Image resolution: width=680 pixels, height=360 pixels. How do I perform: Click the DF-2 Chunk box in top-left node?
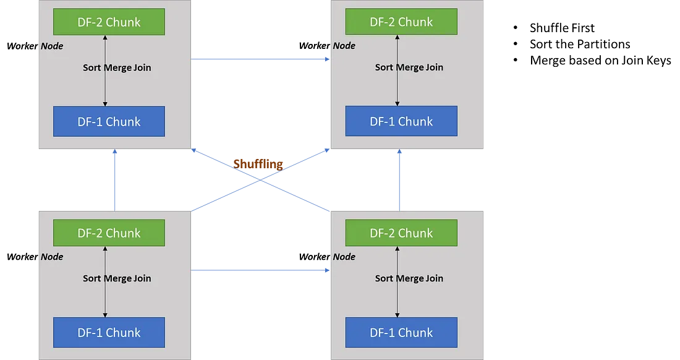click(109, 22)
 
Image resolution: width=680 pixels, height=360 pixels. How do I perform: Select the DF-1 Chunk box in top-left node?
click(109, 121)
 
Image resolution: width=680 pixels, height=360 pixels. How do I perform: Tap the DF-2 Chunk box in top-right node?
click(401, 22)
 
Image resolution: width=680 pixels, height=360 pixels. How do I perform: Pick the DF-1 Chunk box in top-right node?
click(401, 121)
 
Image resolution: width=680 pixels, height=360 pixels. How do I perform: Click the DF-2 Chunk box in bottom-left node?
click(109, 233)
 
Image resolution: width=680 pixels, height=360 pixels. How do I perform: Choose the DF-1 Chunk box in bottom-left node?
click(109, 332)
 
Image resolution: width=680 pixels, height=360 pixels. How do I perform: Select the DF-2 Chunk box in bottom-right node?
click(401, 233)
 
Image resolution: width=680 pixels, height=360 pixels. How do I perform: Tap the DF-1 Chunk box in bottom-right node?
click(401, 332)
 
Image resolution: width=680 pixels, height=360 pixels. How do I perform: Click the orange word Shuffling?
click(258, 164)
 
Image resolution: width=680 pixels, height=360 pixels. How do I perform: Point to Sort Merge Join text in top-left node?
click(117, 67)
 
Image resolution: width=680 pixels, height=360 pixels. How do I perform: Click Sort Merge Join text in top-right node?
click(409, 67)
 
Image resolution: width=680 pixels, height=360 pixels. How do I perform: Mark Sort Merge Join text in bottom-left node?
click(117, 278)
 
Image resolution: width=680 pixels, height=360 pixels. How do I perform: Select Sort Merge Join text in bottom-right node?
click(409, 278)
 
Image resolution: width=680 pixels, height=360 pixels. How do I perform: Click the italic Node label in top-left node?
click(52, 46)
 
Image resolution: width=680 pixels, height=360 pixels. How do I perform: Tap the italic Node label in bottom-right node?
click(344, 257)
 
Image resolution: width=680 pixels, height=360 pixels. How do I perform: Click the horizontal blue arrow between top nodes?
click(260, 59)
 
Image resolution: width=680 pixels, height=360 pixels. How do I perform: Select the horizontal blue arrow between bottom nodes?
click(260, 270)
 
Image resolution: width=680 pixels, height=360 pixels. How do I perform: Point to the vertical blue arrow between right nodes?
click(400, 179)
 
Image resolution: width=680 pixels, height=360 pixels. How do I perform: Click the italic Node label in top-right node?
click(344, 46)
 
